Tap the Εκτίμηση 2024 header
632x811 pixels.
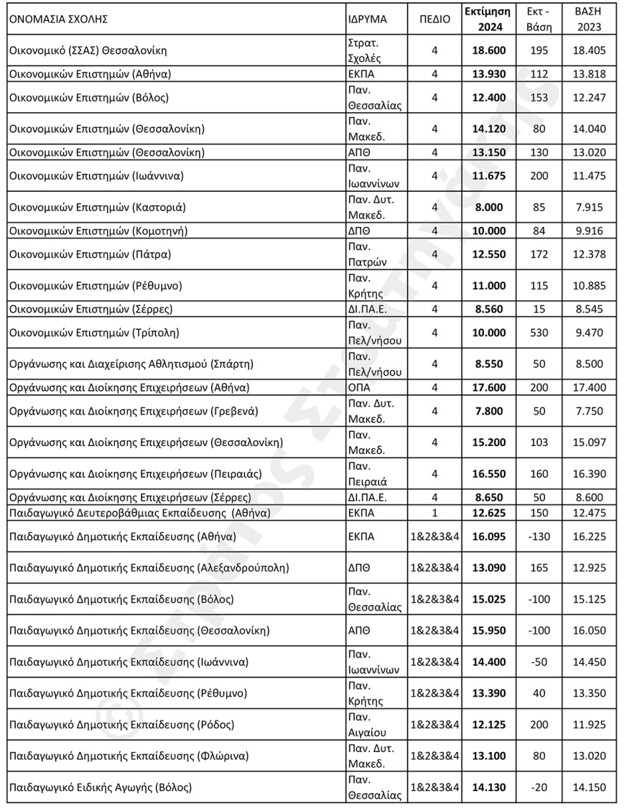[488, 19]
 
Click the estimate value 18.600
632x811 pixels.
[488, 50]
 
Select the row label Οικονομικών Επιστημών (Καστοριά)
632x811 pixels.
[98, 208]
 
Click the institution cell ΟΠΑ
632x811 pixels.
[358, 387]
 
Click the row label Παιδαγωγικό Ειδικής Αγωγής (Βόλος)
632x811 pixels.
[101, 787]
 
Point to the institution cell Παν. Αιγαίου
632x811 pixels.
[368, 725]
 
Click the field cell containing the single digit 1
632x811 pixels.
[434, 513]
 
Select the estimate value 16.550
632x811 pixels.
[488, 474]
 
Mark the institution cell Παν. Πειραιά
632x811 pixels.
[368, 474]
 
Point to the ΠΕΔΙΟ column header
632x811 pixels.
[434, 19]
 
